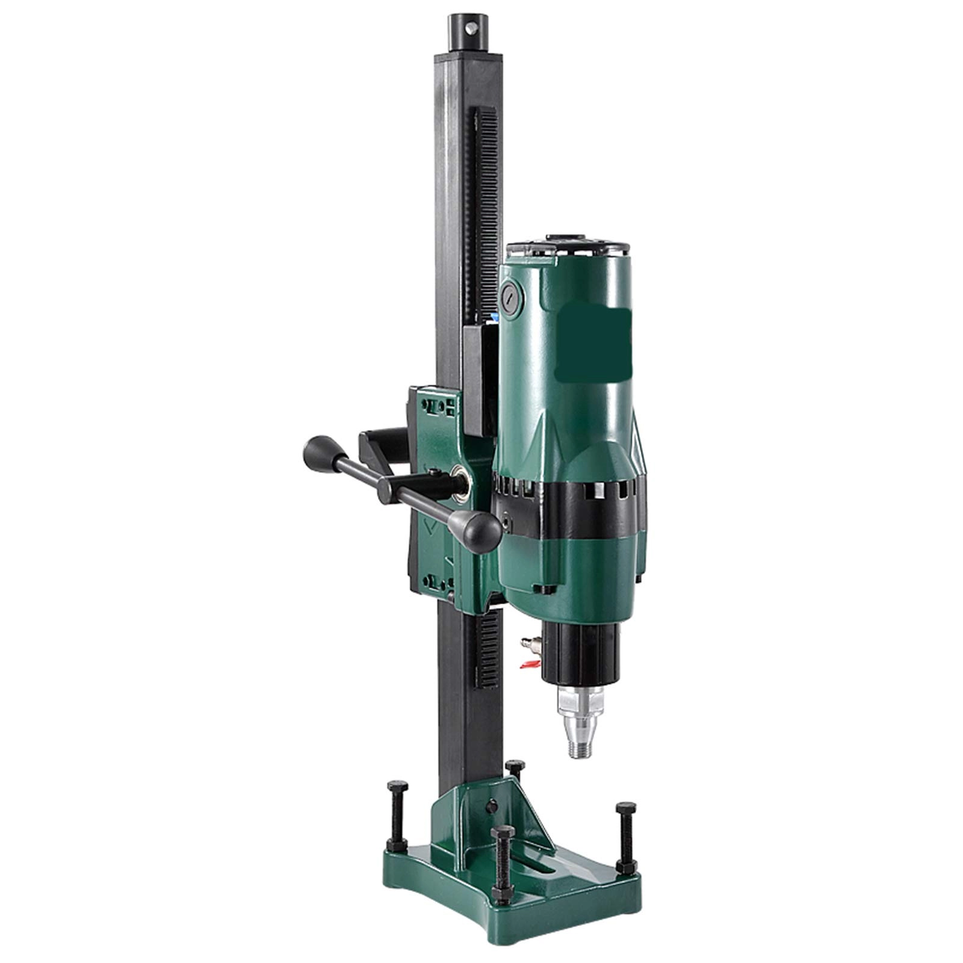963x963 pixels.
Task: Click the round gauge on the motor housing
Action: click(512, 296)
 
